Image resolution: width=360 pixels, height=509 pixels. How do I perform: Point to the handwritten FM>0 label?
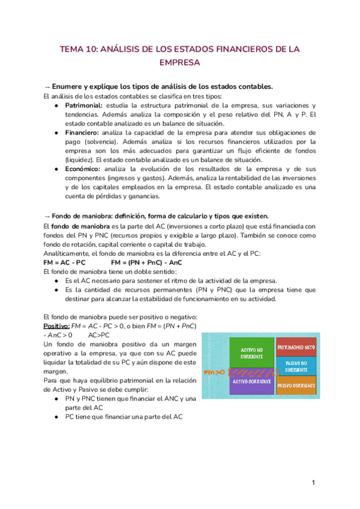pyautogui.click(x=214, y=373)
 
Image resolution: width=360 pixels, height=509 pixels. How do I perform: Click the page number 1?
pyautogui.click(x=313, y=483)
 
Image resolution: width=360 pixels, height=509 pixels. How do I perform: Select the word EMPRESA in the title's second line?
pyautogui.click(x=179, y=62)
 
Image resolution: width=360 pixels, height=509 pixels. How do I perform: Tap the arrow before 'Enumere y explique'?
pyautogui.click(x=47, y=86)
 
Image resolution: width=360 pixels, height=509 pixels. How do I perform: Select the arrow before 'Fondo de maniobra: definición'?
pyautogui.click(x=47, y=216)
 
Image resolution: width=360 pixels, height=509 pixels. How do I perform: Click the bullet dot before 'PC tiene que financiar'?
pyautogui.click(x=56, y=417)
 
